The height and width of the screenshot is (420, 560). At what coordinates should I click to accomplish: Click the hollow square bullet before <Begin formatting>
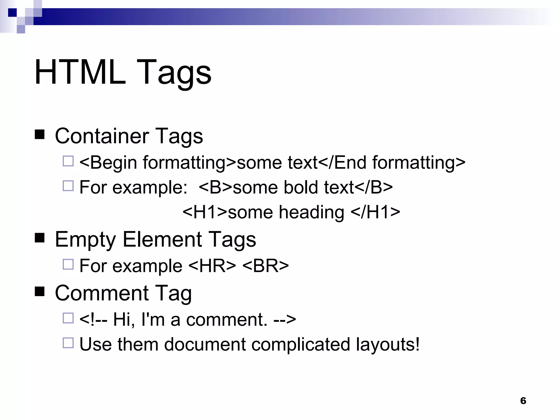click(68, 161)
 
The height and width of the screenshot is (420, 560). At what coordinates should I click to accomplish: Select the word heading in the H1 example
click(311, 213)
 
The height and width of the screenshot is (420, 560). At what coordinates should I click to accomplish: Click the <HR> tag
click(212, 266)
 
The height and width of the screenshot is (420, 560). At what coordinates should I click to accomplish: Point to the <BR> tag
click(266, 266)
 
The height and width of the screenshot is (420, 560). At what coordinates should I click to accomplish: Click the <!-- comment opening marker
click(93, 319)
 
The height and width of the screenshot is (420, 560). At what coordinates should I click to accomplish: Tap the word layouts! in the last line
click(388, 344)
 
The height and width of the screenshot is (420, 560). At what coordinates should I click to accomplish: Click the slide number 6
click(523, 401)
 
